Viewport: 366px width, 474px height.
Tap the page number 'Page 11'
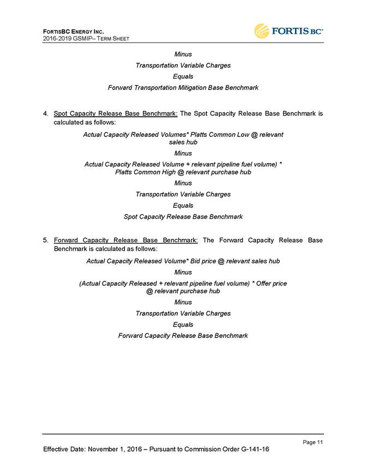313,442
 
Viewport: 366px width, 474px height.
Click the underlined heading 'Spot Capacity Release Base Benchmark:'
116,114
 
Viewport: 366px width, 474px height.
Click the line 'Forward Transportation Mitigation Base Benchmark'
183,87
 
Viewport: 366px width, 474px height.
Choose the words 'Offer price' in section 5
268,283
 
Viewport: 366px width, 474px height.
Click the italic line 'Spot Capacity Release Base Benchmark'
183,217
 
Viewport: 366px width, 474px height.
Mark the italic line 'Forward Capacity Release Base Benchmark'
183,335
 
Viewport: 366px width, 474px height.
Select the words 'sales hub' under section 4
183,142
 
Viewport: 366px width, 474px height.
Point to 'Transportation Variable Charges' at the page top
183,65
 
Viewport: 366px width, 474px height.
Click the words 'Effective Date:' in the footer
65,449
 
